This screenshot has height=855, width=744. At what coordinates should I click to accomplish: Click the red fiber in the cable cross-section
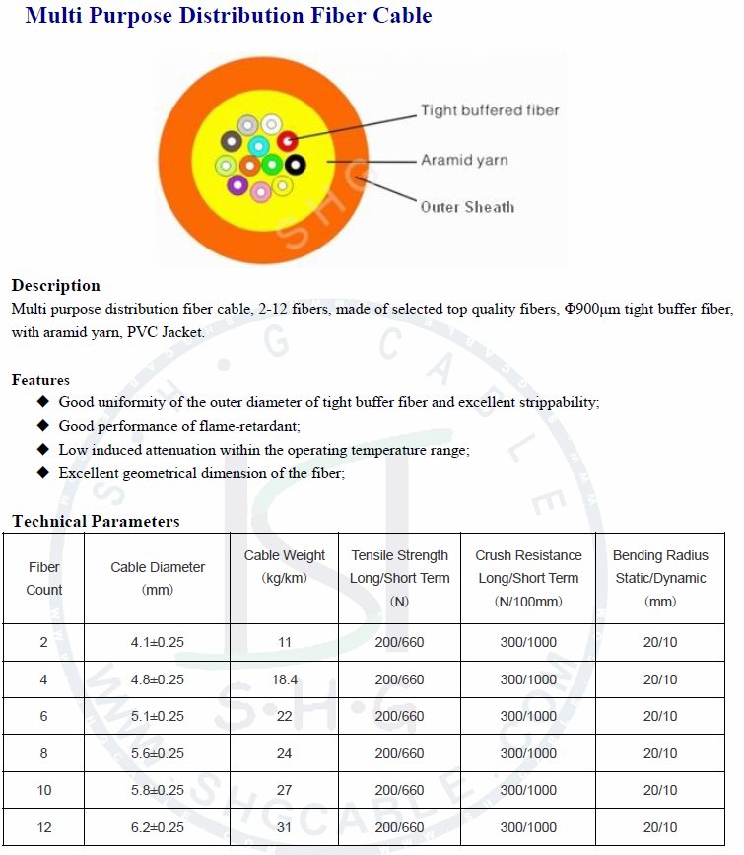tap(288, 141)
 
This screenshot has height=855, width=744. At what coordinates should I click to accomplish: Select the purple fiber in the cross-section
tap(237, 184)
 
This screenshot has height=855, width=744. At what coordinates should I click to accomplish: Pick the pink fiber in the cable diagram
tap(260, 191)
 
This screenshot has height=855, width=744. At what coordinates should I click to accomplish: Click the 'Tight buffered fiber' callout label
tap(490, 110)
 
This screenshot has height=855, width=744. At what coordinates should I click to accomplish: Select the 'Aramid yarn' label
tap(464, 160)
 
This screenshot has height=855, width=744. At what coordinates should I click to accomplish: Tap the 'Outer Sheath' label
tap(467, 207)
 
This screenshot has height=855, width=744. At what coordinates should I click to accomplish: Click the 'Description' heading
tap(56, 286)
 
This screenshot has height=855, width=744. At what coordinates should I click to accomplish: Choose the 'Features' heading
tap(40, 380)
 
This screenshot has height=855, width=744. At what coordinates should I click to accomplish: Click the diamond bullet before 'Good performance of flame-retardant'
tap(42, 425)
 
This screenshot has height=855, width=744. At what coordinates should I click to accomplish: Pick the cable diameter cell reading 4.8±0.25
tap(158, 679)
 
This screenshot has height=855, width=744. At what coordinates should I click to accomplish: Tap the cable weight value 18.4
tap(285, 679)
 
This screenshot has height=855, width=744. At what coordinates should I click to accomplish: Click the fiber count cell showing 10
tap(44, 790)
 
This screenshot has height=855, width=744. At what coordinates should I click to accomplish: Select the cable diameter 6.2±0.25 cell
tap(158, 827)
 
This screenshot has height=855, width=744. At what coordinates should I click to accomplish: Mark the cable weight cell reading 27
tap(285, 790)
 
